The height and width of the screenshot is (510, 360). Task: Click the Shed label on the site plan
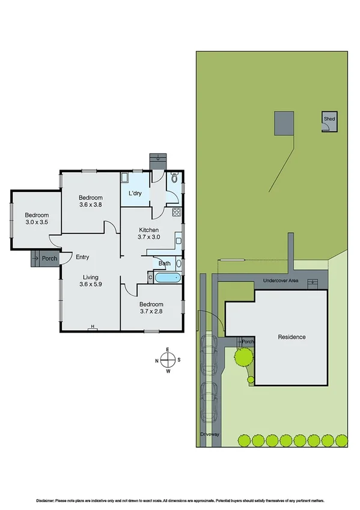pos(329,119)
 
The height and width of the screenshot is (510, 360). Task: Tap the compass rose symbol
pos(168,360)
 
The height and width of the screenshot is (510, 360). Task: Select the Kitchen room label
pos(148,230)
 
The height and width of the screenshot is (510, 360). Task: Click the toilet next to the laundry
pos(173,178)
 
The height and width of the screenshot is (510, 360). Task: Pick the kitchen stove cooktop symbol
pos(177,212)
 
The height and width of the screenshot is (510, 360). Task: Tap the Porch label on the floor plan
pos(49,259)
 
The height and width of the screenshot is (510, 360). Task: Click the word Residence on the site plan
pos(291,337)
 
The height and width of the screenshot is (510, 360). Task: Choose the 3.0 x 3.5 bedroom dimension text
pos(36,223)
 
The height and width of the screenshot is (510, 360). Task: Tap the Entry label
pos(82,257)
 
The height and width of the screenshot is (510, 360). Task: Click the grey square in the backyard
pos(285,123)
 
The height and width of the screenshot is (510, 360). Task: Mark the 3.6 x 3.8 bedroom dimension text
pos(91,204)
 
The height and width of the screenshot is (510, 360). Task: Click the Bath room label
pos(164,263)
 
